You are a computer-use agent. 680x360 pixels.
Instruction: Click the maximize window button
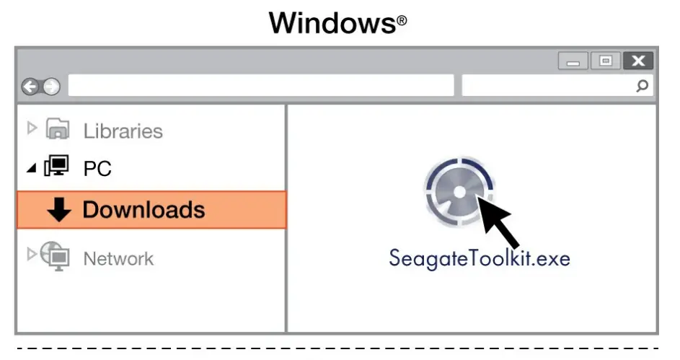coord(606,61)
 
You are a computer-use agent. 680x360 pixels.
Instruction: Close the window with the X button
coord(637,61)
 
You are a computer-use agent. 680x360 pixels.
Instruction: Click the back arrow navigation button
coord(30,87)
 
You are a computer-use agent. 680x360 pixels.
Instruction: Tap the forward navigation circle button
coord(50,87)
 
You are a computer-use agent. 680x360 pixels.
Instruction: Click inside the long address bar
coord(260,86)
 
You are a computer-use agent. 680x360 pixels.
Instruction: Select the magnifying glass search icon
coord(642,87)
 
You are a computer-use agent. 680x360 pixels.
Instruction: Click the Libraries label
coord(123,131)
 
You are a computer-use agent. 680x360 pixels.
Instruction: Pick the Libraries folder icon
coord(58,130)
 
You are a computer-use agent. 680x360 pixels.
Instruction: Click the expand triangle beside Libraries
coord(31,128)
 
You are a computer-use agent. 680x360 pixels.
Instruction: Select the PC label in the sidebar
coord(97,170)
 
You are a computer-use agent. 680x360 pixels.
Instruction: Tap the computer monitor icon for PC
coord(57,167)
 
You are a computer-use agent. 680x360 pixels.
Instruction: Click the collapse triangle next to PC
coord(31,168)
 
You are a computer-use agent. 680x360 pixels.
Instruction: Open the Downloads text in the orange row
coord(143,210)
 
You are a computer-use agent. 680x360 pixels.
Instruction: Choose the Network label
coord(118,258)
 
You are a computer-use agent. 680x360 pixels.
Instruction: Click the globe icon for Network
coord(56,256)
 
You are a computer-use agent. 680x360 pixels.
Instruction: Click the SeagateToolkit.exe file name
coord(479,258)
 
